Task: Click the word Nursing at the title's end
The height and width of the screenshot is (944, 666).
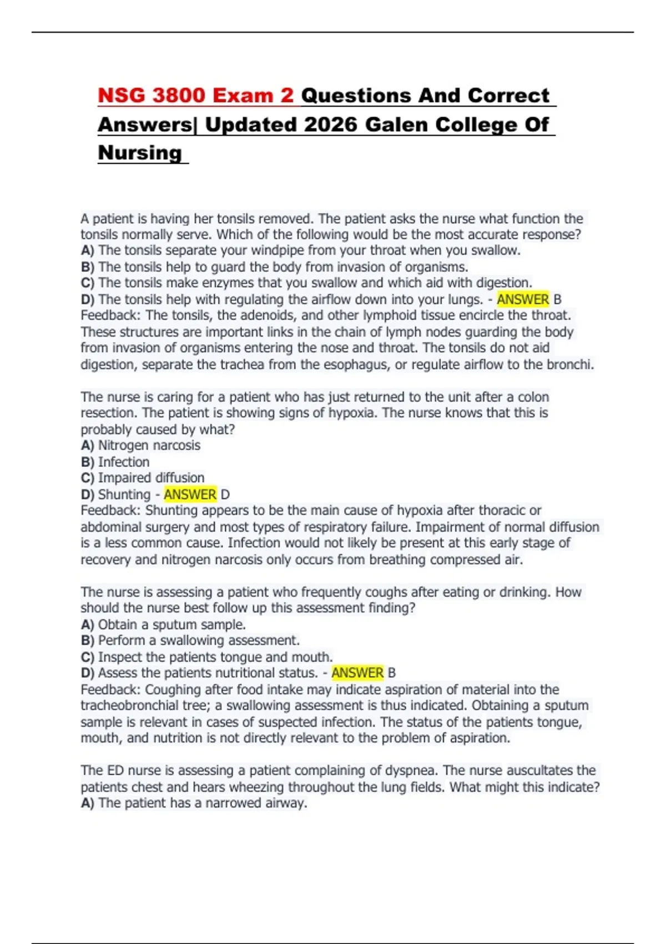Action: (x=140, y=153)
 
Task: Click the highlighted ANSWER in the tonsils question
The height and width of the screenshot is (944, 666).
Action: (x=522, y=299)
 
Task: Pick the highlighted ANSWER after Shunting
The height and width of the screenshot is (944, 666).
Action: (x=190, y=494)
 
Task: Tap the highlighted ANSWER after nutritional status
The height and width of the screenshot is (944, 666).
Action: (x=357, y=673)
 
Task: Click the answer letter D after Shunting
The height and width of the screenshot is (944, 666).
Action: (x=225, y=494)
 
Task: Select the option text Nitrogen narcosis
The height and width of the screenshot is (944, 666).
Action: (x=149, y=445)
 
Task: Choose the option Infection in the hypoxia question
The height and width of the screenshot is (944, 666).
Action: (x=123, y=462)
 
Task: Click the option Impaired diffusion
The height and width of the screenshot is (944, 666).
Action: (x=151, y=478)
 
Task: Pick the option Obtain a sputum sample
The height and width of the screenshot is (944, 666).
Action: (x=171, y=625)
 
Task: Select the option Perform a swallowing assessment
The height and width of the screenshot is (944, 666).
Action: (x=199, y=641)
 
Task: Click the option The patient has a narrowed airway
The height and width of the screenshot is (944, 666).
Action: (x=202, y=804)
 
